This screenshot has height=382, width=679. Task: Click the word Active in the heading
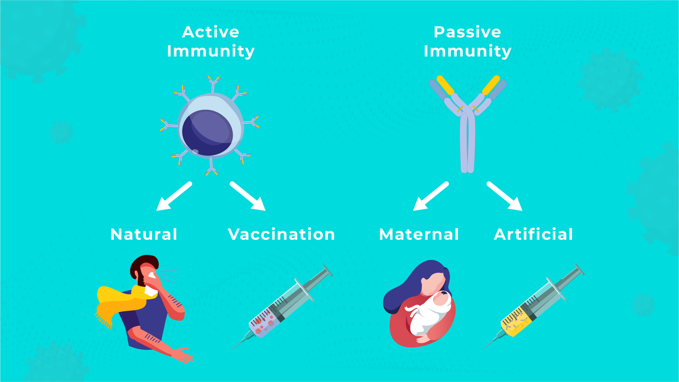click(x=211, y=32)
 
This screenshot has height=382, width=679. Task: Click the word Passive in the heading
click(x=467, y=32)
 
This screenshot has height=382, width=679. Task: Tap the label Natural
click(x=144, y=234)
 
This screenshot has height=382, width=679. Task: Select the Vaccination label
click(x=281, y=234)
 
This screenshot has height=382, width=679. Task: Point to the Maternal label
click(x=419, y=234)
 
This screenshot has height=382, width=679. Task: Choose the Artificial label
click(x=533, y=234)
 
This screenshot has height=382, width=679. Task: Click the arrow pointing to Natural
click(x=174, y=196)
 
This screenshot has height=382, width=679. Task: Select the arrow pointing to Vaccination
click(x=248, y=196)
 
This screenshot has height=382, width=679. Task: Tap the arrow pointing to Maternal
click(x=431, y=196)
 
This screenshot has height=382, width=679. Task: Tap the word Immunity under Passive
click(x=467, y=51)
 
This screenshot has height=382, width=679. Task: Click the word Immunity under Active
click(x=211, y=51)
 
